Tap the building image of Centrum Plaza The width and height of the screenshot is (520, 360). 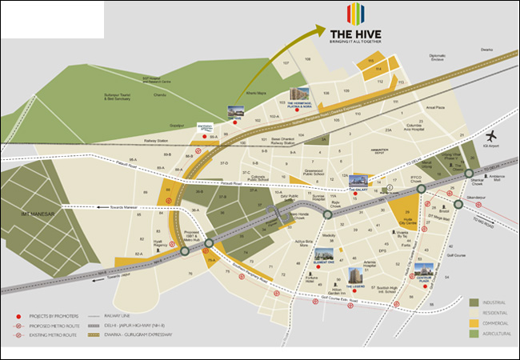click(424, 272)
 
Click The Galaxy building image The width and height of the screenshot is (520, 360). click(357, 180)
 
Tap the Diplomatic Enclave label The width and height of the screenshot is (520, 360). click(438, 58)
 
